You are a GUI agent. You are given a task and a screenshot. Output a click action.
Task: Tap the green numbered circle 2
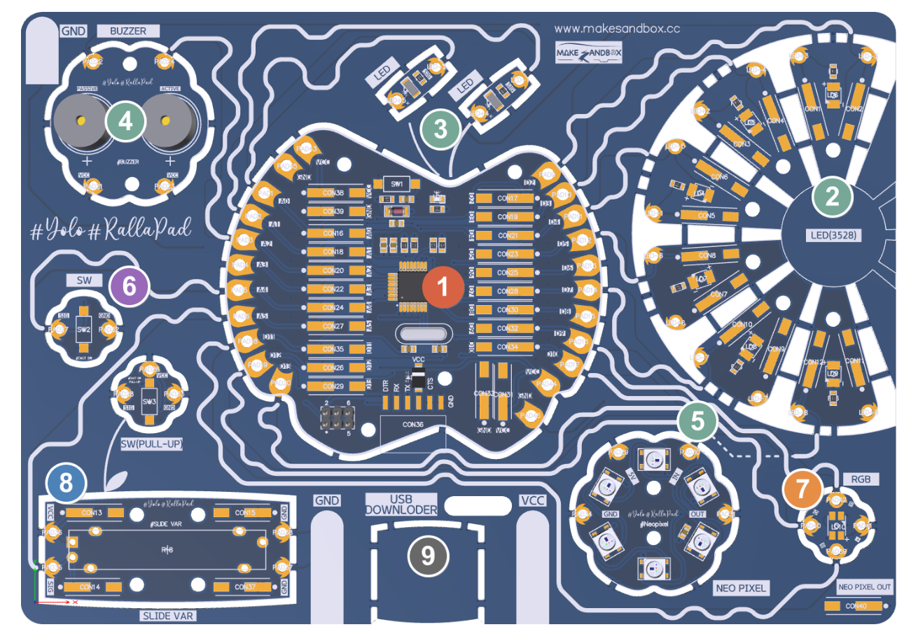pyautogui.click(x=833, y=197)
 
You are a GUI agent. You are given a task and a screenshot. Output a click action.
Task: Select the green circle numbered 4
pyautogui.click(x=125, y=122)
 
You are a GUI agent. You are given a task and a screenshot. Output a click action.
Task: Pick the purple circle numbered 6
pyautogui.click(x=130, y=286)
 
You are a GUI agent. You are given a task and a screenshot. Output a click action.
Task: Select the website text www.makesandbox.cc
pyautogui.click(x=617, y=29)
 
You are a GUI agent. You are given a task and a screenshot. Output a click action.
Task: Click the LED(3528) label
pyautogui.click(x=832, y=236)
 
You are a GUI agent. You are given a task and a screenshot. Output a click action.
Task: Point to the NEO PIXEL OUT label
pyautogui.click(x=865, y=586)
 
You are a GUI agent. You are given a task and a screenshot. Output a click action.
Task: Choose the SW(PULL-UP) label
pyautogui.click(x=147, y=444)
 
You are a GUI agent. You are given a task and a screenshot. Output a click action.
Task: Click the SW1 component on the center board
pyautogui.click(x=397, y=184)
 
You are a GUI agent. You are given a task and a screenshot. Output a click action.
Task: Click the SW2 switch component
pyautogui.click(x=84, y=329)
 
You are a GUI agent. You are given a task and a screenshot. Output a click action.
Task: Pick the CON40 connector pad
pyautogui.click(x=858, y=605)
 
